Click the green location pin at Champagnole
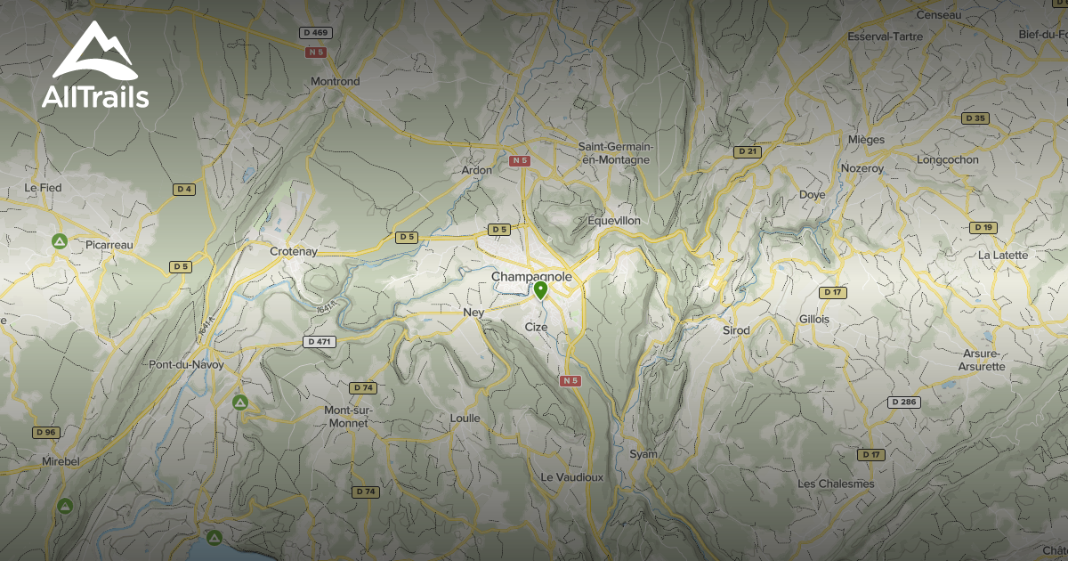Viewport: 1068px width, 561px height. pyautogui.click(x=540, y=290)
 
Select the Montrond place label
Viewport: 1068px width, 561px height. pyautogui.click(x=336, y=82)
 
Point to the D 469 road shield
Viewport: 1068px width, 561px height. pyautogui.click(x=316, y=33)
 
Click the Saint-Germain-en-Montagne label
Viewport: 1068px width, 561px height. pyautogui.click(x=615, y=153)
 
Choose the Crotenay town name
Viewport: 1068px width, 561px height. pyautogui.click(x=294, y=252)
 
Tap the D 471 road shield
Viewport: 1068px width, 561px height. pyautogui.click(x=318, y=341)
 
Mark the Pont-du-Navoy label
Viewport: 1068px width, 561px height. pyautogui.click(x=186, y=365)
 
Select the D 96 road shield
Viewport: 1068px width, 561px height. pyautogui.click(x=45, y=433)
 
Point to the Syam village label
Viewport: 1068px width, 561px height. pyautogui.click(x=643, y=454)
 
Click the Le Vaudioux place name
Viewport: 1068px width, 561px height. pyautogui.click(x=572, y=477)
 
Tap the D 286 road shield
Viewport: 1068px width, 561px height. pyautogui.click(x=903, y=402)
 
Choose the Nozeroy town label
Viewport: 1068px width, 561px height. pyautogui.click(x=862, y=168)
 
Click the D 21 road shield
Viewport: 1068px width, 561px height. pyautogui.click(x=748, y=152)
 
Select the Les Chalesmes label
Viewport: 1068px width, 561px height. pyautogui.click(x=836, y=484)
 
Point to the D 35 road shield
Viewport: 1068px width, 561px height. pyautogui.click(x=975, y=118)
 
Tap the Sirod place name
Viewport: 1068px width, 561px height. pyautogui.click(x=736, y=330)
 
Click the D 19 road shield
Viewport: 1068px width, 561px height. pyautogui.click(x=983, y=228)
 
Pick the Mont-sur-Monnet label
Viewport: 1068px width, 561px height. pyautogui.click(x=347, y=416)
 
